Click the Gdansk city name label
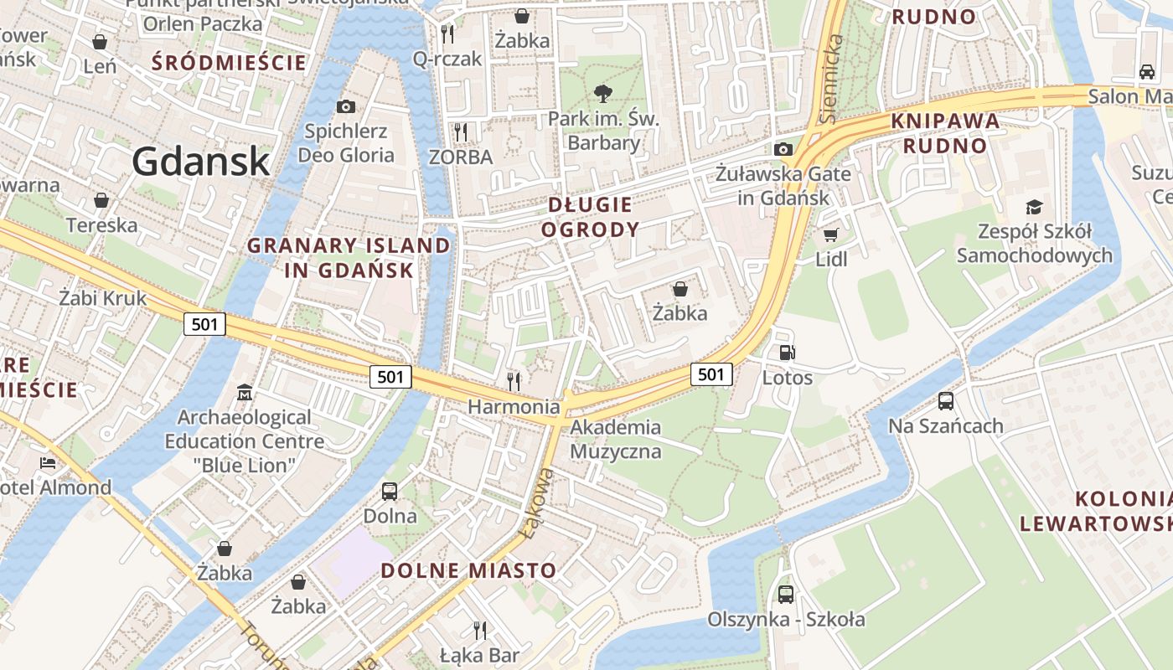pyautogui.click(x=201, y=161)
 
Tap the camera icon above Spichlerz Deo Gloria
pyautogui.click(x=345, y=106)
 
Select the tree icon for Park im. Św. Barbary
pyautogui.click(x=602, y=93)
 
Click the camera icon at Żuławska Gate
pyautogui.click(x=783, y=149)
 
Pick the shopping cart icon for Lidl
pyautogui.click(x=830, y=234)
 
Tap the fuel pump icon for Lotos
pyautogui.click(x=787, y=353)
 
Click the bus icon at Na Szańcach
pyautogui.click(x=945, y=401)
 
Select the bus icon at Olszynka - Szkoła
pyautogui.click(x=785, y=595)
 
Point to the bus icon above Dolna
pyautogui.click(x=390, y=492)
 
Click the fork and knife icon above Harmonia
pyautogui.click(x=514, y=382)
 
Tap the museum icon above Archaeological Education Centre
pyautogui.click(x=244, y=392)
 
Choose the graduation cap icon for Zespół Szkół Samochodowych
pyautogui.click(x=1035, y=207)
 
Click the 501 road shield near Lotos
pyautogui.click(x=711, y=374)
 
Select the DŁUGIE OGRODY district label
pyautogui.click(x=590, y=217)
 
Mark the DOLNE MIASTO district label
pyautogui.click(x=468, y=571)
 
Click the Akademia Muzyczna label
pyautogui.click(x=616, y=440)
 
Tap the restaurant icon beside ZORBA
pyautogui.click(x=460, y=131)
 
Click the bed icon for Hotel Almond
pyautogui.click(x=48, y=462)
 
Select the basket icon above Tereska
pyautogui.click(x=101, y=200)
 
